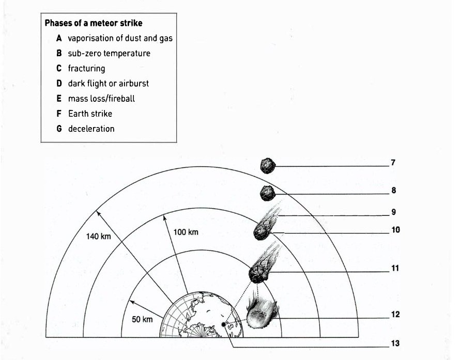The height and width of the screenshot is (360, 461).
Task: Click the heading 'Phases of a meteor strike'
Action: pos(94,23)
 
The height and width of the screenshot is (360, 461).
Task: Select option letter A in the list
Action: pos(59,38)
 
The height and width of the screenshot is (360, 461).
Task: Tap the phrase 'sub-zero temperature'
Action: pos(109,53)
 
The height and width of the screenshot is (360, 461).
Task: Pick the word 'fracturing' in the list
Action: pos(86,69)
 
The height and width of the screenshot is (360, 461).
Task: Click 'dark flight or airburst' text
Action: pos(108,84)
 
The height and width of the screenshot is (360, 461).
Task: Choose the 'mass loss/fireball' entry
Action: pos(101,99)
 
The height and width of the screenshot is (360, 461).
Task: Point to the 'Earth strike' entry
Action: pos(90,114)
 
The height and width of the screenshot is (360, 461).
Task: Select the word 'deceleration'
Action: pos(91,129)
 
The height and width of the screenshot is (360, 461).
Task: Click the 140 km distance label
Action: pos(99,236)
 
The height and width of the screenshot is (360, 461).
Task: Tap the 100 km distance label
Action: pos(186,232)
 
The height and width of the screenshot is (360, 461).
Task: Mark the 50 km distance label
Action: pos(142,319)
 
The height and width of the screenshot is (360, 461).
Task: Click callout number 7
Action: pos(393,163)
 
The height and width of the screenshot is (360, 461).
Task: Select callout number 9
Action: pos(393,212)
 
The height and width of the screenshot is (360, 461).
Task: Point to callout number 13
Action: pos(395,343)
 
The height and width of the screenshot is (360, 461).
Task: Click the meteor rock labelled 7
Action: pos(268,166)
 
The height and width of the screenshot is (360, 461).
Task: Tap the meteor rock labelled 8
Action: pos(268,193)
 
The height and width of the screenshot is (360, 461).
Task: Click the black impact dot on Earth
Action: pos(224,324)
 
